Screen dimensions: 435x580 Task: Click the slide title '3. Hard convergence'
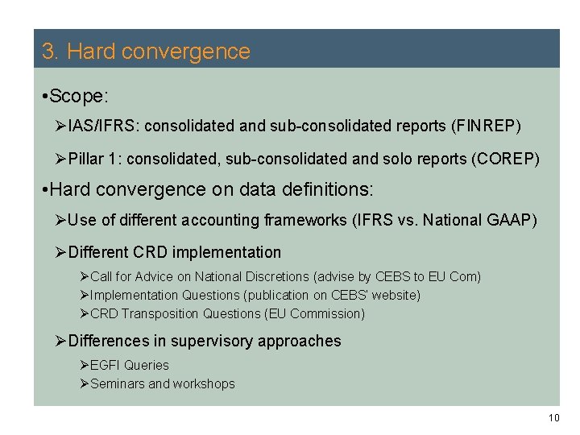point(146,52)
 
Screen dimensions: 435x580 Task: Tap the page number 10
point(553,417)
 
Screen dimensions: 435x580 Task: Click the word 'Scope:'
point(79,97)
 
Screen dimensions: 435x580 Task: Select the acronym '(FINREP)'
point(487,126)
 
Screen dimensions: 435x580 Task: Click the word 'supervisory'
point(215,341)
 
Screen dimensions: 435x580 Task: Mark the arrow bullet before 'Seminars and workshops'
point(85,383)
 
